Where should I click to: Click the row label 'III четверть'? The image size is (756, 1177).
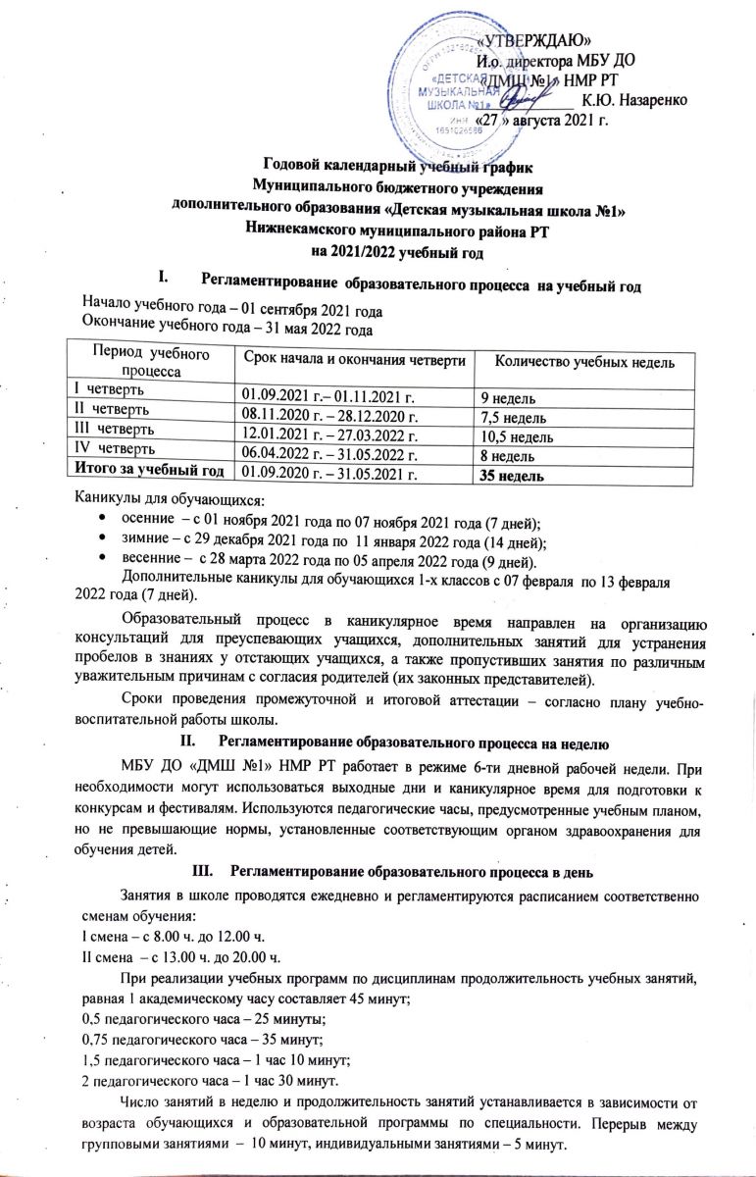coord(107,435)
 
